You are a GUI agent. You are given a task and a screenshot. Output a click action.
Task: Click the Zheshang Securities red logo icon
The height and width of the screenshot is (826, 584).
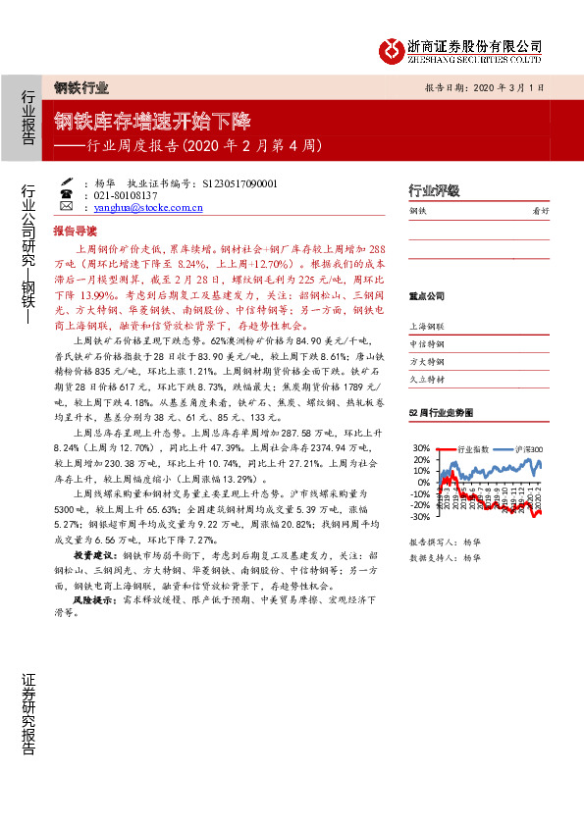click(x=393, y=48)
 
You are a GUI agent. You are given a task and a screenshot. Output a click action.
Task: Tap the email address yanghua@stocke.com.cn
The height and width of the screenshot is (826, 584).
click(x=148, y=208)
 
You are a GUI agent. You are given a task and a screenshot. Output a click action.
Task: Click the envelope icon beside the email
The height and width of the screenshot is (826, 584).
click(x=66, y=208)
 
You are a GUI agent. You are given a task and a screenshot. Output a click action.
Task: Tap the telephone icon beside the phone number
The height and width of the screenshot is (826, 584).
click(x=66, y=195)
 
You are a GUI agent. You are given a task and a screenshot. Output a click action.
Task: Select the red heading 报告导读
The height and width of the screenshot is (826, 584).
click(x=75, y=232)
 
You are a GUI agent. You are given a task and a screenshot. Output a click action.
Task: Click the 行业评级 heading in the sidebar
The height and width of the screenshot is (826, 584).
click(x=434, y=190)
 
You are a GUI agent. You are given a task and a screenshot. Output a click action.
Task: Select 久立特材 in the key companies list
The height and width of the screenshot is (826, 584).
click(x=426, y=379)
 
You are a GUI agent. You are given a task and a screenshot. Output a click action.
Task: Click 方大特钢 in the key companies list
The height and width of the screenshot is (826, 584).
click(x=426, y=361)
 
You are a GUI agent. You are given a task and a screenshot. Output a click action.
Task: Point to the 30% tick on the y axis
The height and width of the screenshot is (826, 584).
click(x=420, y=448)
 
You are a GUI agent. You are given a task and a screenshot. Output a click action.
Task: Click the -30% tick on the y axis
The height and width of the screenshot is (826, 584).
click(x=419, y=517)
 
